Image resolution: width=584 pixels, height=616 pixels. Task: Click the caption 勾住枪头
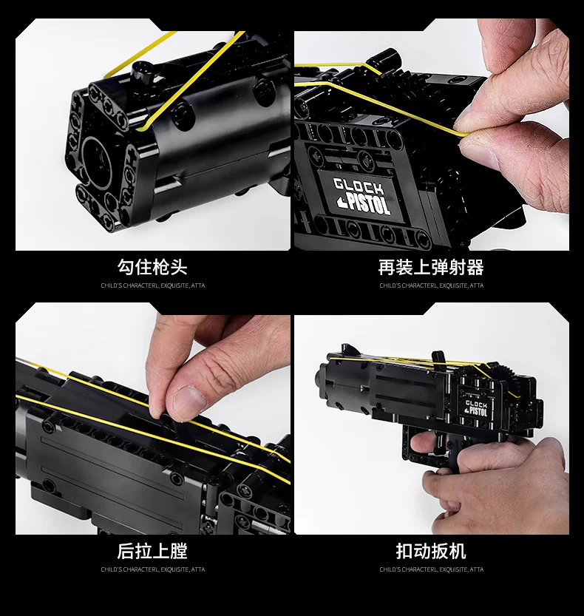click(x=152, y=267)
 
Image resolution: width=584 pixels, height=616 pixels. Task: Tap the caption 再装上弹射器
click(x=431, y=267)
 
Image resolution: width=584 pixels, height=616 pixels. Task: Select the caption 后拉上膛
click(x=152, y=551)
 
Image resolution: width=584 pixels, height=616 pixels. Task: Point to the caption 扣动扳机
click(x=431, y=551)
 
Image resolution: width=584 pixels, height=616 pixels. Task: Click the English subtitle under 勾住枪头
click(x=152, y=285)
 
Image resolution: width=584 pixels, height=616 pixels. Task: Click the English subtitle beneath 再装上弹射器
click(x=431, y=285)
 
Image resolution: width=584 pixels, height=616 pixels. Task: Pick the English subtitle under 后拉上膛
click(x=152, y=569)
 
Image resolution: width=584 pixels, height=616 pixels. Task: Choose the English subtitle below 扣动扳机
click(x=431, y=569)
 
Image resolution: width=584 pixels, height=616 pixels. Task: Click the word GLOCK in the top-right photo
click(x=358, y=185)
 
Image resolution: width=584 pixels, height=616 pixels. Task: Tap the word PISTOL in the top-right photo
click(x=364, y=204)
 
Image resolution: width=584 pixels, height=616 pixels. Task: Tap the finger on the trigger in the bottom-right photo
click(x=420, y=444)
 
